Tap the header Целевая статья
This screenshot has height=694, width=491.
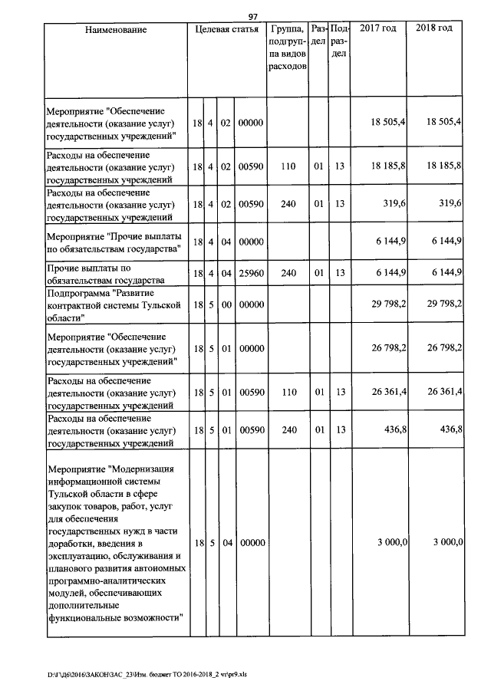coord(227,29)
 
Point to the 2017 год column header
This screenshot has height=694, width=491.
coord(378,28)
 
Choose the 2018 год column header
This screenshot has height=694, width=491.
coord(434,28)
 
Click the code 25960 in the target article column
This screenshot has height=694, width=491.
coord(251,273)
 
